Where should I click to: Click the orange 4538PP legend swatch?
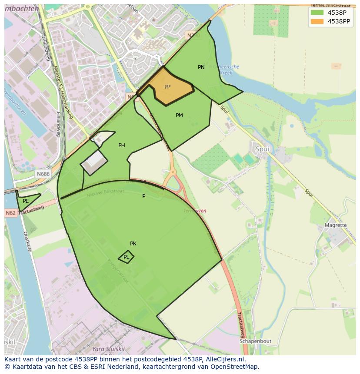pyautogui.click(x=317, y=21)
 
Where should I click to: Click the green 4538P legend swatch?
pyautogui.click(x=317, y=13)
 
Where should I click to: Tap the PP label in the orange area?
pyautogui.click(x=167, y=87)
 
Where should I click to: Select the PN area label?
pyautogui.click(x=201, y=67)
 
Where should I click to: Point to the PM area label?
pyautogui.click(x=179, y=116)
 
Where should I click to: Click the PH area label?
pyautogui.click(x=122, y=146)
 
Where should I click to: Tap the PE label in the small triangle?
pyautogui.click(x=26, y=201)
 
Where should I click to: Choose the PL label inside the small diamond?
pyautogui.click(x=126, y=257)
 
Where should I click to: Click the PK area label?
pyautogui.click(x=133, y=244)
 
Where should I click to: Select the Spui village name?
pyautogui.click(x=262, y=149)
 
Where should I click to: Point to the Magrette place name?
pyautogui.click(x=336, y=225)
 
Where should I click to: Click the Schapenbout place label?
pyautogui.click(x=255, y=341)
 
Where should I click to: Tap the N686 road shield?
pyautogui.click(x=43, y=174)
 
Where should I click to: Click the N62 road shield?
pyautogui.click(x=11, y=213)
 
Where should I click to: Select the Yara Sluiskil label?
pyautogui.click(x=109, y=349)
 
